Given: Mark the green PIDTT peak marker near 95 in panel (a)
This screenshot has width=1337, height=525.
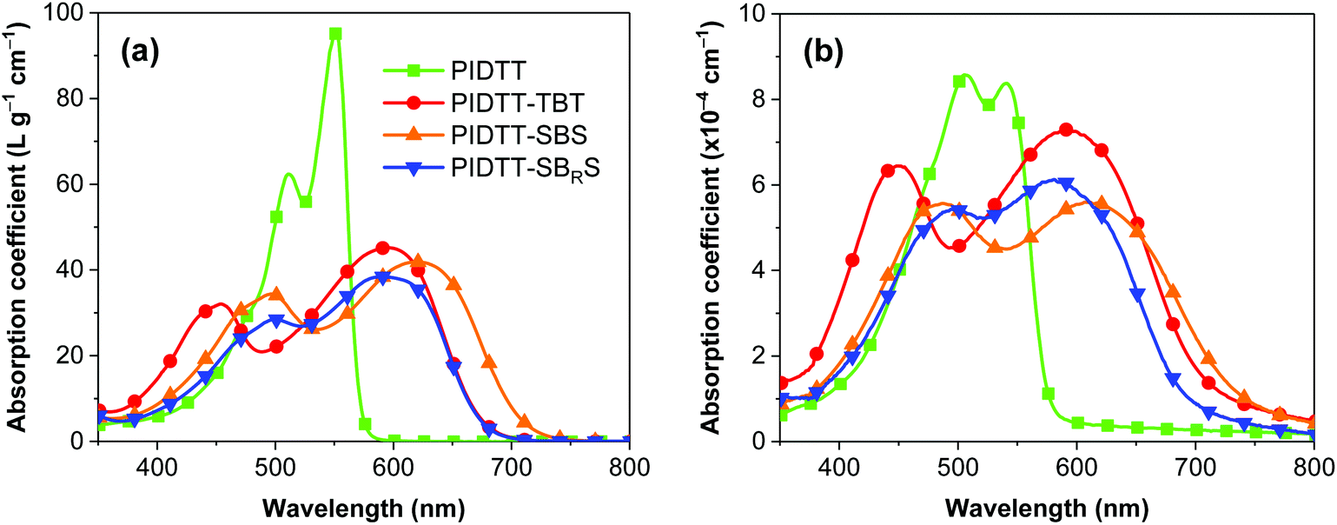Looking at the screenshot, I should (334, 34).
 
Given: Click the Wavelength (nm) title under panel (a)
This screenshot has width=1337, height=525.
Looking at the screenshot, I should (364, 504).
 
